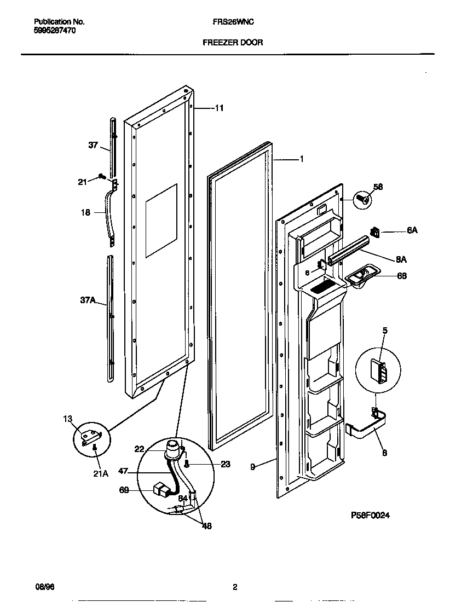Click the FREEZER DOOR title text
click(x=233, y=42)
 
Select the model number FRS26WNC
click(x=233, y=22)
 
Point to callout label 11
click(x=218, y=108)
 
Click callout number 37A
click(x=88, y=300)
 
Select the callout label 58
click(x=378, y=187)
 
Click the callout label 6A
click(x=412, y=231)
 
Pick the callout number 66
click(x=402, y=276)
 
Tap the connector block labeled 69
click(x=161, y=489)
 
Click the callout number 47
click(x=124, y=471)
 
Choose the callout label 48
click(x=206, y=526)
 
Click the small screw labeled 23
click(x=188, y=465)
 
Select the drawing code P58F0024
click(x=370, y=516)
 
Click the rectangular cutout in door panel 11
click(x=161, y=220)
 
